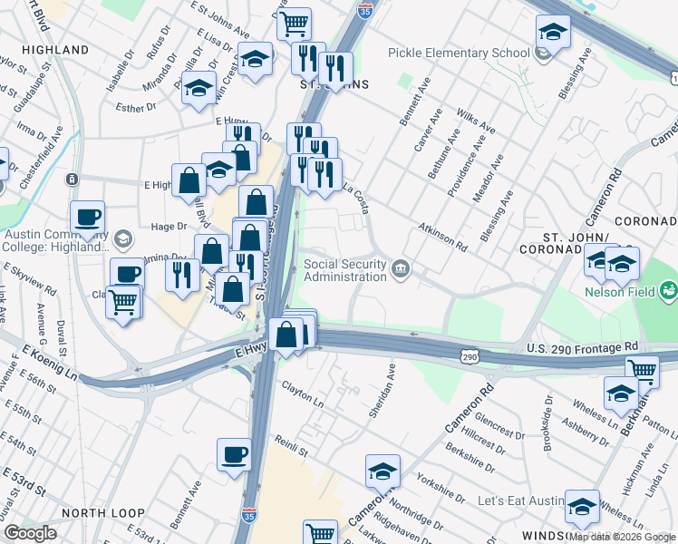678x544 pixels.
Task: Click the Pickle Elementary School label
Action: point(459,53)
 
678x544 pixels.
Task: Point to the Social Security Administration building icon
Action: point(400,268)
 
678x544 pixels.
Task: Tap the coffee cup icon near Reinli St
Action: point(234,453)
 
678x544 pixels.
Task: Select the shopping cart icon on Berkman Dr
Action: point(642,369)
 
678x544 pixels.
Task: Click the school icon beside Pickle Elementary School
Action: point(543,53)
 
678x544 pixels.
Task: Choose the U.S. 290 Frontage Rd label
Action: point(582,347)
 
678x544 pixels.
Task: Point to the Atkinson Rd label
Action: point(442,238)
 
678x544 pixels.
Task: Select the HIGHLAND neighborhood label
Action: point(53,51)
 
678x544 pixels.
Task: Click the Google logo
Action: point(30,533)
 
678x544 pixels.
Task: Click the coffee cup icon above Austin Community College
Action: point(88,217)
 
